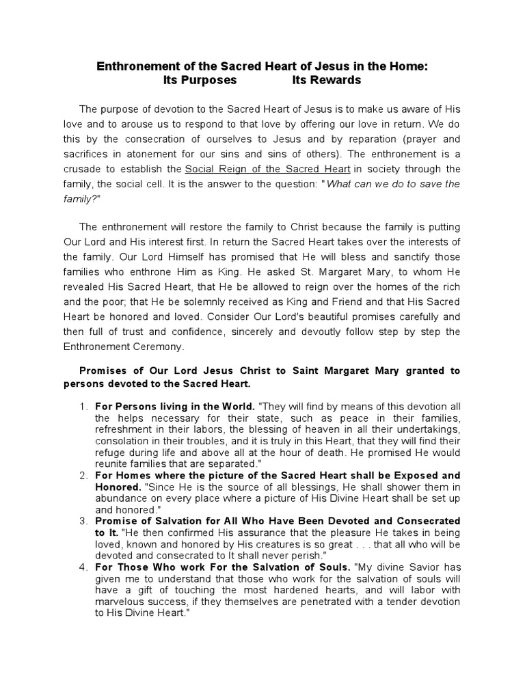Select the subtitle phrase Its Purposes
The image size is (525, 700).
coord(200,80)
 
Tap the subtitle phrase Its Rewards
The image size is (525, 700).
coord(327,80)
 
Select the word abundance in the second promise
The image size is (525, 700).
coord(118,498)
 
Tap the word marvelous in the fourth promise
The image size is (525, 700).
coord(122,602)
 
